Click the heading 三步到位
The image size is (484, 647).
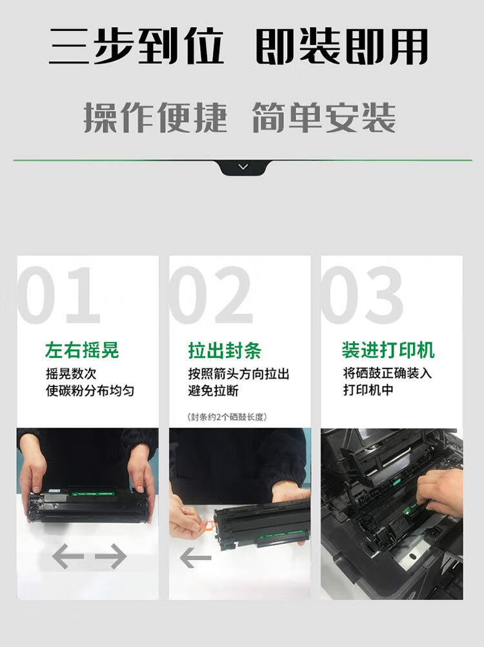(136, 46)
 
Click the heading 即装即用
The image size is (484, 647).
(341, 46)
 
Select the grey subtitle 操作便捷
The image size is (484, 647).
(156, 117)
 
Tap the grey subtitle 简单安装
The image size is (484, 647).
(324, 117)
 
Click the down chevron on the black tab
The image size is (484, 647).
(243, 166)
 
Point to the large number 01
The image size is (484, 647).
(58, 295)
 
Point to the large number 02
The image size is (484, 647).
(210, 295)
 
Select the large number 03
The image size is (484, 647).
(362, 295)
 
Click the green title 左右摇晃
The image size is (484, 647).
(82, 350)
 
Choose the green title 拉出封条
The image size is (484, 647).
(225, 350)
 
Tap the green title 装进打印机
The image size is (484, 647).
(388, 350)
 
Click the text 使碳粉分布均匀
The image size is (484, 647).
(90, 390)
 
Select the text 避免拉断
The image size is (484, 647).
(213, 390)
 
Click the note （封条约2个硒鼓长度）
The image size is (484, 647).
(227, 417)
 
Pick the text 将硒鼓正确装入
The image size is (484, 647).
(387, 373)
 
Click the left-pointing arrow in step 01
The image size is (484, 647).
(68, 556)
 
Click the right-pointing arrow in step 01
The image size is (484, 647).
(111, 556)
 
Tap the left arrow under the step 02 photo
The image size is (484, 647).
(196, 557)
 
